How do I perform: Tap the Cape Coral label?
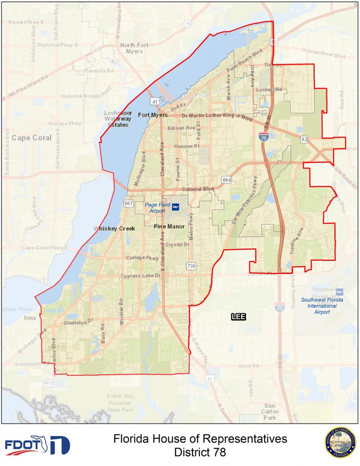coord(31,137)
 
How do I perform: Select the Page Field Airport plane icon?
coord(175,208)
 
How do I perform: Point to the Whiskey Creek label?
coord(114,228)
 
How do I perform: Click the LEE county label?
coord(238,317)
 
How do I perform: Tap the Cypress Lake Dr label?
coord(142,276)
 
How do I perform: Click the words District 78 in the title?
coord(200,453)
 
